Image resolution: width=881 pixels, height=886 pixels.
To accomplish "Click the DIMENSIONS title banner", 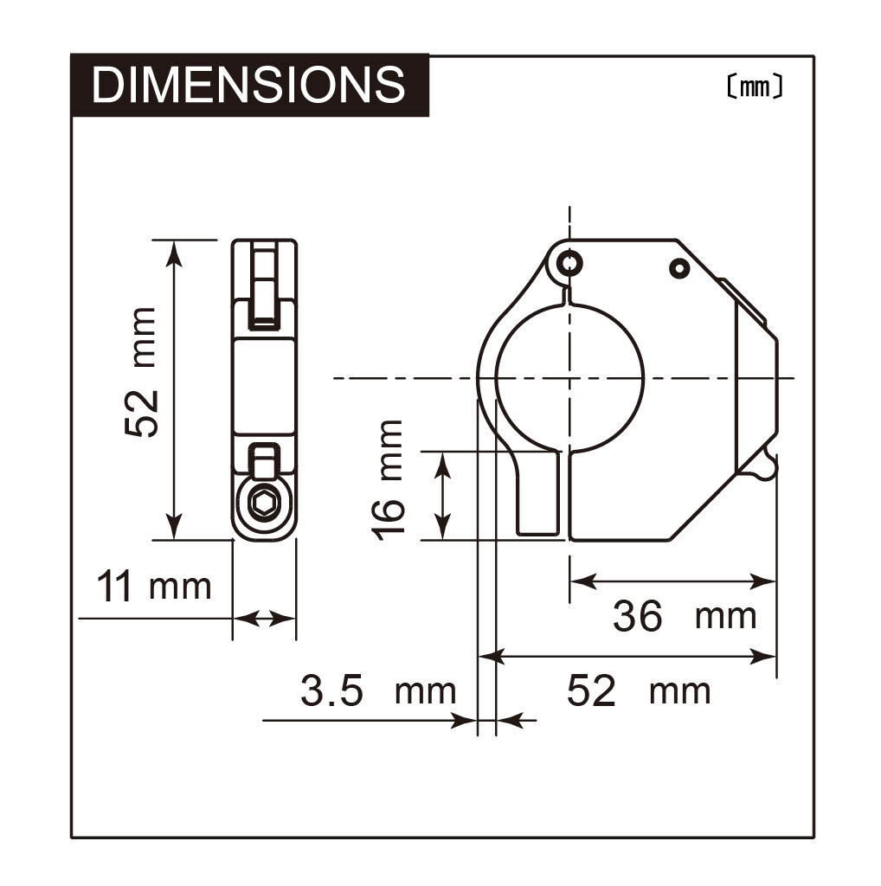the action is (x=249, y=85).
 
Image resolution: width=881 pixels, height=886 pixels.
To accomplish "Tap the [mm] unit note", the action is (x=755, y=87).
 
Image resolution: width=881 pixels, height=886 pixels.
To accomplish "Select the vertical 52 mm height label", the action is (x=140, y=372).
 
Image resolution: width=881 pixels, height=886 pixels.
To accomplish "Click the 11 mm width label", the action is (x=154, y=586).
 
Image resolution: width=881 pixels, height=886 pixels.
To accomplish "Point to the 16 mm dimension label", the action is (x=388, y=480).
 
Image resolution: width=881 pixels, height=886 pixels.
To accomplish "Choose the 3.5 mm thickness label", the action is (x=378, y=690).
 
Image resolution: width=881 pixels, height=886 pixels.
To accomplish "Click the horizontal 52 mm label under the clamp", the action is (x=639, y=690).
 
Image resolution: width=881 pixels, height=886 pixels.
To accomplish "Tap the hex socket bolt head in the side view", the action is (x=263, y=503).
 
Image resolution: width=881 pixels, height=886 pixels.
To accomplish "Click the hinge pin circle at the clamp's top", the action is (x=569, y=263).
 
